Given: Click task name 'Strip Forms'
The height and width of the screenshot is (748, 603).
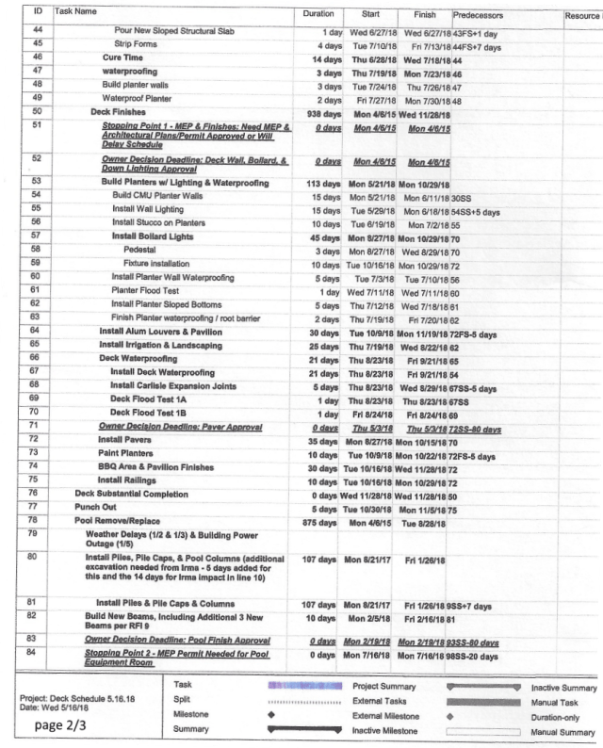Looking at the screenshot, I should pyautogui.click(x=136, y=44).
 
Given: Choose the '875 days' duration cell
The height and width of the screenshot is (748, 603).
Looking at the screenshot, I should pyautogui.click(x=322, y=520).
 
